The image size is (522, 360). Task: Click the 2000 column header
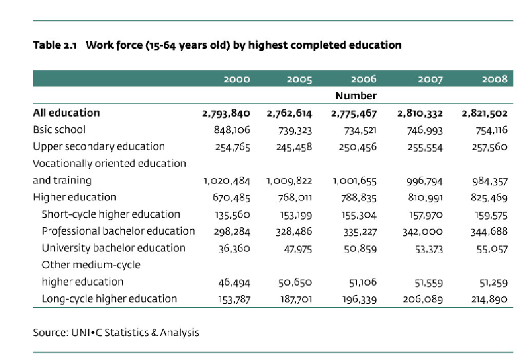point(237,79)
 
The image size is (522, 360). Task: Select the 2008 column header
point(495,79)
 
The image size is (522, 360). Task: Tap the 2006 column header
point(364,79)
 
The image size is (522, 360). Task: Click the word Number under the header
point(356,96)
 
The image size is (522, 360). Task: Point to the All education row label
point(66,113)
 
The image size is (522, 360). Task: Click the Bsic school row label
point(59,129)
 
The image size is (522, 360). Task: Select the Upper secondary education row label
point(99,147)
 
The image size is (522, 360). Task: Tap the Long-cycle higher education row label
point(109,299)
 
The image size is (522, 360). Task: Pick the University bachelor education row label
point(113,248)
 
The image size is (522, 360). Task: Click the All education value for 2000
point(226,113)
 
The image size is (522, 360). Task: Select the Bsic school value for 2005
point(295,130)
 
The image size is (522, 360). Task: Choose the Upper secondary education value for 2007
point(425,147)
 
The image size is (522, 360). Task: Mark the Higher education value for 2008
point(489,198)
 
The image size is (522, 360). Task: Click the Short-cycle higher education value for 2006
point(359,215)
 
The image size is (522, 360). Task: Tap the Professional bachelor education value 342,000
point(423,232)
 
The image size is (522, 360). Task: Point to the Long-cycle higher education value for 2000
point(235,299)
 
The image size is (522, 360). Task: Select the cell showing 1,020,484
point(227,181)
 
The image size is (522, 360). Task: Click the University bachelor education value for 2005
point(298,249)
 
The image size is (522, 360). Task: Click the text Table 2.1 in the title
point(54,45)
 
